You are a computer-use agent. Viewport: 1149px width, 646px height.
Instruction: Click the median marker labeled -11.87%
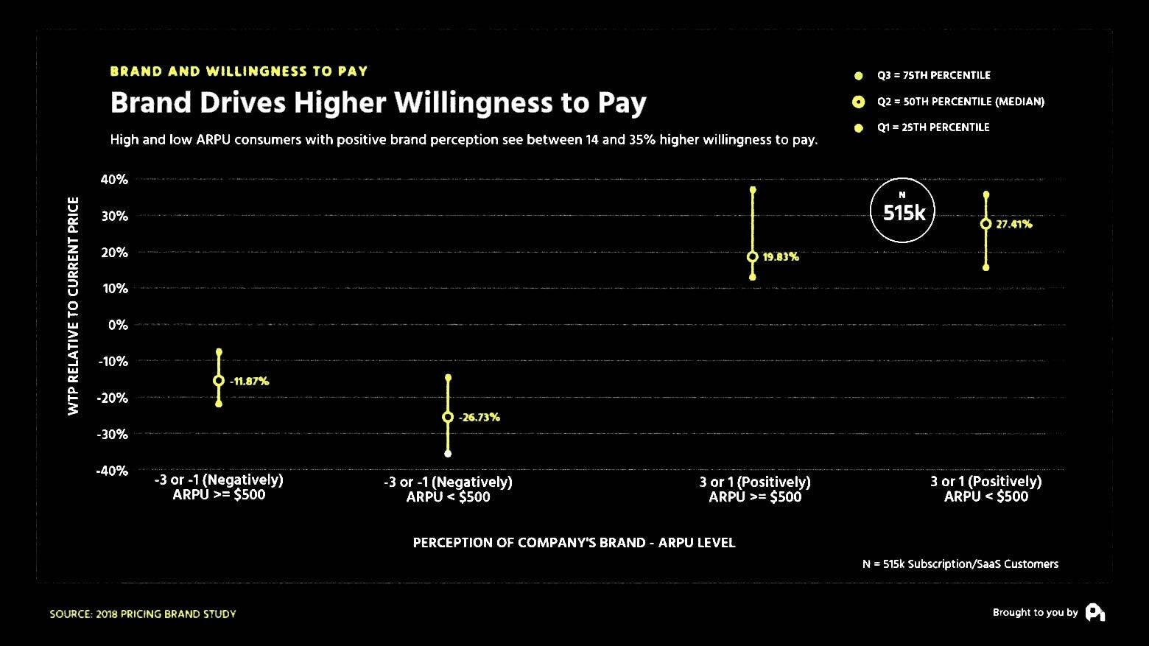219,381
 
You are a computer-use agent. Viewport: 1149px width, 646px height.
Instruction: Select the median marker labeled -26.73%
448,417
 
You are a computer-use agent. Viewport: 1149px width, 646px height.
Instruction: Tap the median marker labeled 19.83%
752,257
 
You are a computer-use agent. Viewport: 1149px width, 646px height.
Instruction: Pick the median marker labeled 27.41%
985,224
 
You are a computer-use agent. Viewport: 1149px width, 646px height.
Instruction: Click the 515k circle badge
902,211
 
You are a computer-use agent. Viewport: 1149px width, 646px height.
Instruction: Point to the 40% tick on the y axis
114,180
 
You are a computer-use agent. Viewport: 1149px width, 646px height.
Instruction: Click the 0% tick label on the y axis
118,325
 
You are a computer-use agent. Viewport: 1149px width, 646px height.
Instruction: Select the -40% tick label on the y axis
112,471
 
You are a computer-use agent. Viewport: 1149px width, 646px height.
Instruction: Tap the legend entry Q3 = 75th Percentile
933,75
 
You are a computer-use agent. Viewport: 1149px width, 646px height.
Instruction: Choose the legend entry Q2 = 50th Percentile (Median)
960,102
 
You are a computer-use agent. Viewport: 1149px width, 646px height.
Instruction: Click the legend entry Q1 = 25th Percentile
932,127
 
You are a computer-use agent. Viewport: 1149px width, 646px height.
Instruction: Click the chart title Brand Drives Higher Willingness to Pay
378,103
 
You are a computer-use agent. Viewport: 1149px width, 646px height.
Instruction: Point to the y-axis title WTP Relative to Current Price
74,306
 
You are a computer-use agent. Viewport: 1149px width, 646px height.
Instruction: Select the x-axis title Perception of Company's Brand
574,543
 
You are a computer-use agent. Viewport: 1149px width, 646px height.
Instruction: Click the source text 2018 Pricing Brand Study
143,614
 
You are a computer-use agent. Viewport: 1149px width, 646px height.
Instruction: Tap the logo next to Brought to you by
1094,613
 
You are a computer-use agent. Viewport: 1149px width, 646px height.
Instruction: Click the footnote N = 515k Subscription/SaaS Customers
960,564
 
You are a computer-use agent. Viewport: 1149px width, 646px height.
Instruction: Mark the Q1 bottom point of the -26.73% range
448,454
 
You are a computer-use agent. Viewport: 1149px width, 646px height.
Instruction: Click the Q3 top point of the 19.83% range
752,190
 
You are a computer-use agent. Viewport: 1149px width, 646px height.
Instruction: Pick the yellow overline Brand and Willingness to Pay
239,71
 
